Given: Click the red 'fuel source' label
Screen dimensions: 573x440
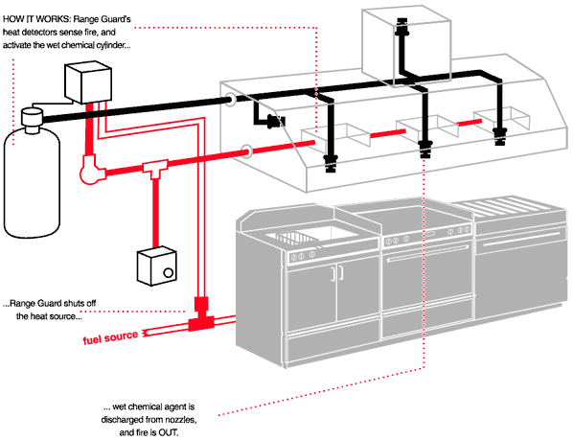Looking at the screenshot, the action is click(110, 337).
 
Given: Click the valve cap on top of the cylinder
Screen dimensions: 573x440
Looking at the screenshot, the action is click(32, 118).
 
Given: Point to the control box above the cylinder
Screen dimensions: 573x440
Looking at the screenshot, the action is click(88, 83).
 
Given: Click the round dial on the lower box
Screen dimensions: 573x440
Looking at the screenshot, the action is click(168, 272).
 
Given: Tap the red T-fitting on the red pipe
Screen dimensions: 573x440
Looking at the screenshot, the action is click(155, 169).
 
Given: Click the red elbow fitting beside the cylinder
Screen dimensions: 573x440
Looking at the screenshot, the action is click(91, 170).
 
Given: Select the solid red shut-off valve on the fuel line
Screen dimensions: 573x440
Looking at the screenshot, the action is click(200, 315).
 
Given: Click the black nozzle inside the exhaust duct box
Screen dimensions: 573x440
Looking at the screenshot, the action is click(402, 28).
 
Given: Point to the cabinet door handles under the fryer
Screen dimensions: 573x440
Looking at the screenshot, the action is click(337, 273).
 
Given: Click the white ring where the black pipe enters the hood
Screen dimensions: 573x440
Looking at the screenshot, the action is click(230, 99).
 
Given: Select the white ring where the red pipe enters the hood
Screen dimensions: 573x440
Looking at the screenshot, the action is click(246, 151).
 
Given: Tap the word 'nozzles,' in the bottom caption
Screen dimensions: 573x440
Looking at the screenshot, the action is click(182, 420).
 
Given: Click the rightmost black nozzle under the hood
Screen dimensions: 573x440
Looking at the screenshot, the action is click(499, 137).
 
